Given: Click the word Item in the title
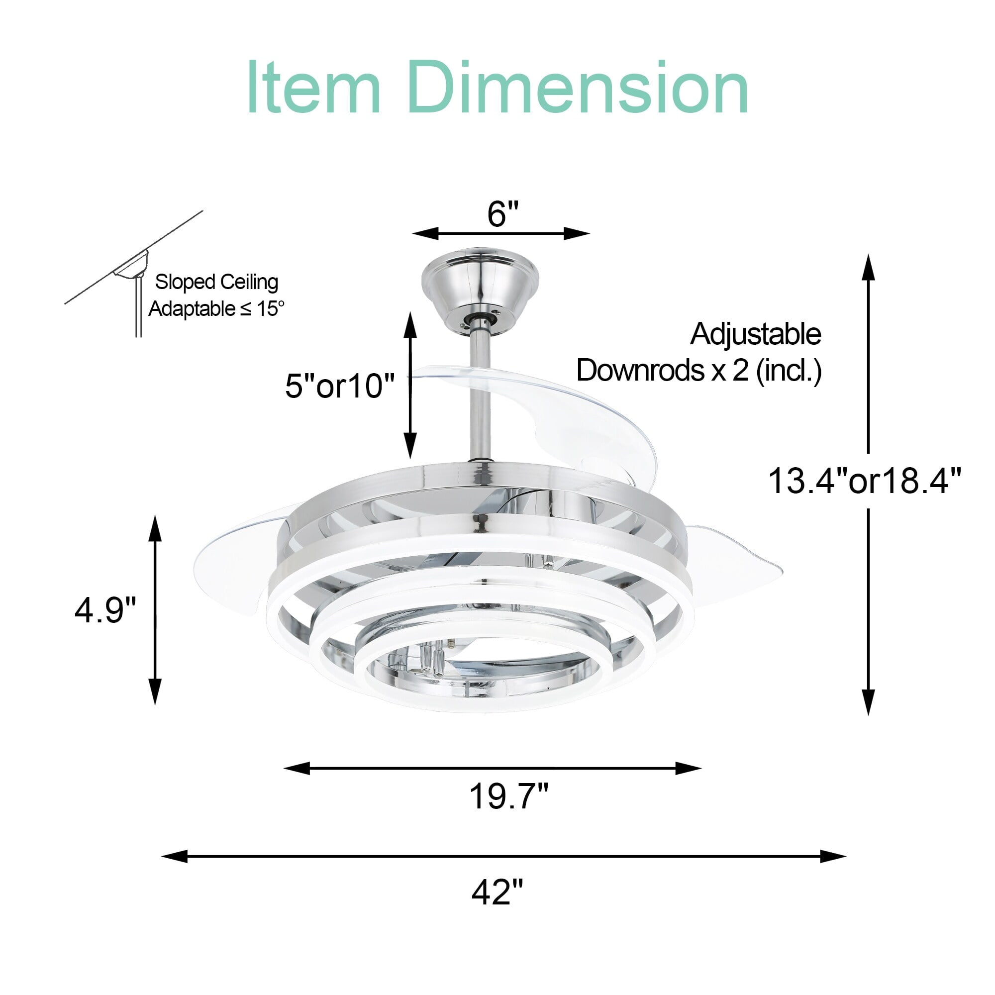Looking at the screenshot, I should point(313,88).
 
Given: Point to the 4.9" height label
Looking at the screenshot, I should point(105,610).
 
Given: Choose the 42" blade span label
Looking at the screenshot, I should point(497,892).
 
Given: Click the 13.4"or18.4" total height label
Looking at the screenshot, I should point(865,481).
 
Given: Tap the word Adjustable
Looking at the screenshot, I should point(756,334).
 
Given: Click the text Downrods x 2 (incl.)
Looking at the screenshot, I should point(699,370).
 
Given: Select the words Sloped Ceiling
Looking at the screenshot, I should point(216,282).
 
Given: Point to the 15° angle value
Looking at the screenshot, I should point(270,309).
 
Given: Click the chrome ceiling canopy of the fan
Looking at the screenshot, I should point(480,283).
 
